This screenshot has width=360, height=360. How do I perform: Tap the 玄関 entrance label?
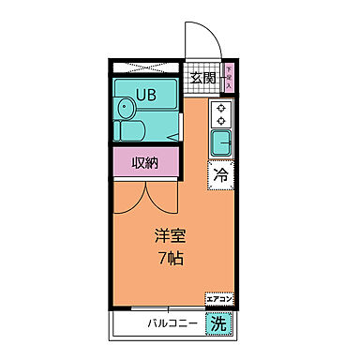pos(202,79)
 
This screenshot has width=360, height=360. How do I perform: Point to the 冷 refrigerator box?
pos(221,174)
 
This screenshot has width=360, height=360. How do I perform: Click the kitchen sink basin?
pos(221,142)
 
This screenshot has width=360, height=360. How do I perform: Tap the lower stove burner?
pos(221,121)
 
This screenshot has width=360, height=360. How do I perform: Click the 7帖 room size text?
pos(170,258)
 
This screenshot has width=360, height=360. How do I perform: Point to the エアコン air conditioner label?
pos(219,299)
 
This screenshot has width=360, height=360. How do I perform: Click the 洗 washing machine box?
pos(217,324)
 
